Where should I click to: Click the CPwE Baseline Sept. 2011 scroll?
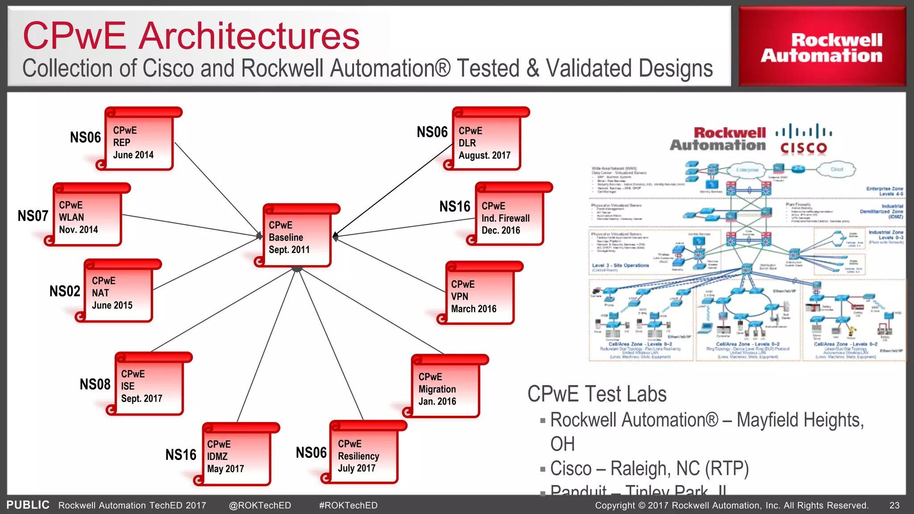(297, 237)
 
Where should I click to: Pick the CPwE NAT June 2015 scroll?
(118, 293)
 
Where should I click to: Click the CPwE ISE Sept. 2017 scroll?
(149, 386)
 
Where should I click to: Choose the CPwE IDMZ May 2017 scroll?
(237, 456)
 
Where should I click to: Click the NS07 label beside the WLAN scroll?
(33, 216)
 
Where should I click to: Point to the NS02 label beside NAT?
(65, 291)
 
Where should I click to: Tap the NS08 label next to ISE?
(95, 384)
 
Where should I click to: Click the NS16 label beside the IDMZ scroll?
(181, 455)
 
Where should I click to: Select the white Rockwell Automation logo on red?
(822, 48)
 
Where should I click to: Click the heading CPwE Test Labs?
(597, 394)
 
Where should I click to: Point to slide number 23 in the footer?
(894, 505)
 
